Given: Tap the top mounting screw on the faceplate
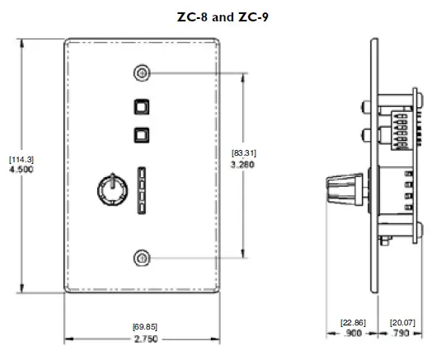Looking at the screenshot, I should click(143, 73).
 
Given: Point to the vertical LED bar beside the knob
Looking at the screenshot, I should click(141, 190).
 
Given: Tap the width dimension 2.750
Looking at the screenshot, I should click(144, 339).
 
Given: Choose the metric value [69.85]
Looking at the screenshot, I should click(144, 326).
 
